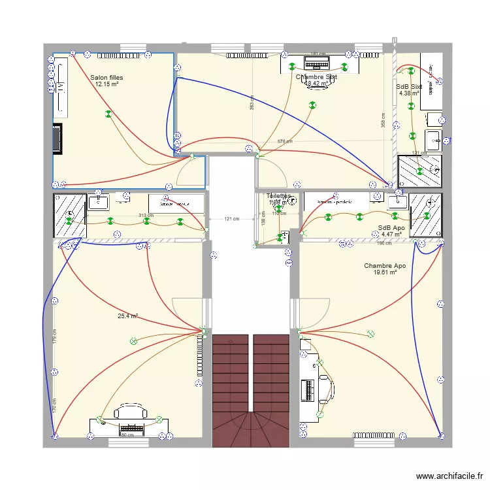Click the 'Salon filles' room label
tap(107, 78)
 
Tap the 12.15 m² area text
tap(107, 84)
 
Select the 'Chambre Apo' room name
tap(385, 266)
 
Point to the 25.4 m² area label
tap(127, 316)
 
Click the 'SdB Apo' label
tap(391, 228)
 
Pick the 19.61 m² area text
tap(385, 272)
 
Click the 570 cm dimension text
tap(284, 141)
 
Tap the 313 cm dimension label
tap(145, 215)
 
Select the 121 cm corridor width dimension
tap(231, 220)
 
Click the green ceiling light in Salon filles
tap(108, 114)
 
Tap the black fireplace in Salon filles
tap(58, 139)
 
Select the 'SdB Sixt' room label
tap(409, 86)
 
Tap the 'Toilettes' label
tap(278, 196)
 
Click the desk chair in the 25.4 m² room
tap(129, 411)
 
